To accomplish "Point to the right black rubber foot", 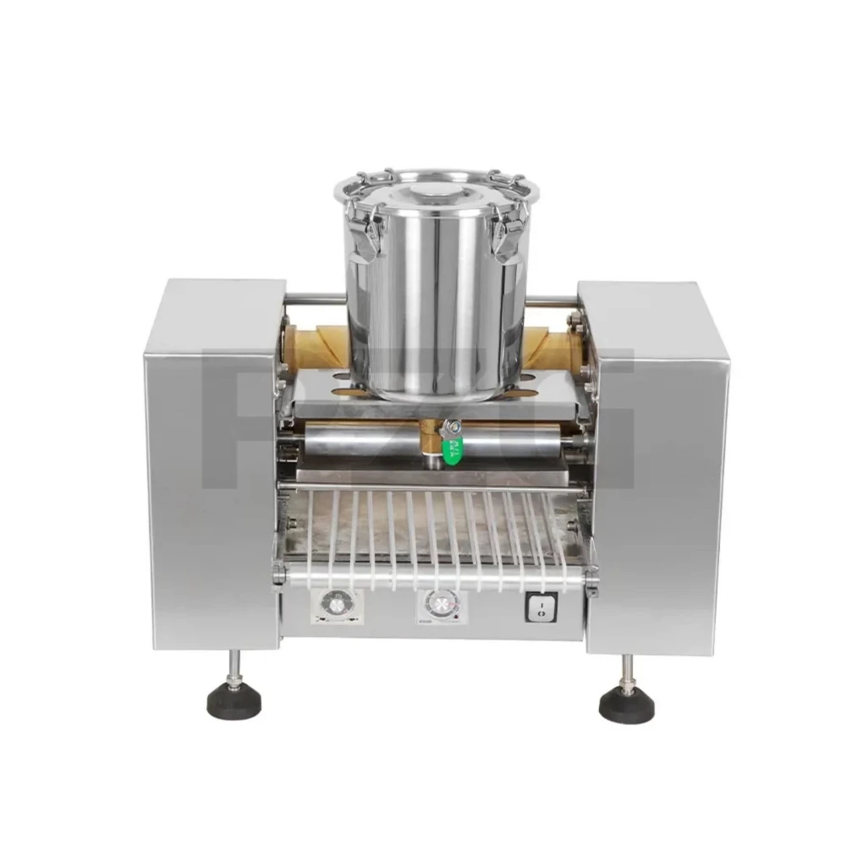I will pyautogui.click(x=627, y=700).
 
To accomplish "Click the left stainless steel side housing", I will pyautogui.click(x=211, y=465).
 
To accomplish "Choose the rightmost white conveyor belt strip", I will pyautogui.click(x=550, y=541).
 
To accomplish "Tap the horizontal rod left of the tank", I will pyautogui.click(x=315, y=299).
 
